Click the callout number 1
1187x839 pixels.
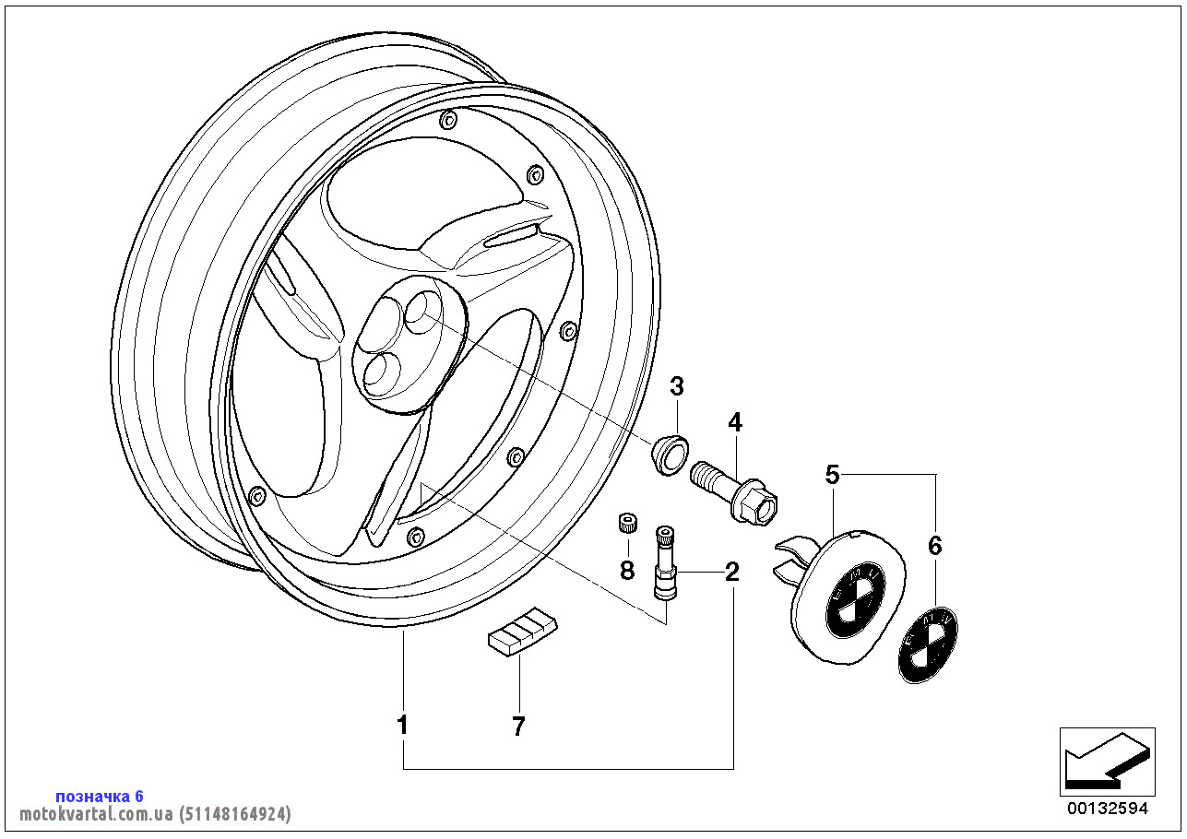(402, 726)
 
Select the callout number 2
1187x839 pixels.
(731, 572)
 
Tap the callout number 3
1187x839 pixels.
(677, 385)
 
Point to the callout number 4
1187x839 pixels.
(734, 422)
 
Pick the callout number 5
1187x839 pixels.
(832, 475)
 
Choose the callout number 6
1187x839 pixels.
(935, 546)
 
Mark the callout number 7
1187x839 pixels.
(518, 727)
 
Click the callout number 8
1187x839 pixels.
(627, 571)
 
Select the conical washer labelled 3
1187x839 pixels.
(671, 454)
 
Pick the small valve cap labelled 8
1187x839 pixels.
(626, 525)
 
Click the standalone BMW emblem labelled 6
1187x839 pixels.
(928, 644)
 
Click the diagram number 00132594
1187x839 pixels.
(1107, 809)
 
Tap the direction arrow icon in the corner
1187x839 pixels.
(1106, 762)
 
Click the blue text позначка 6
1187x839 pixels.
(100, 796)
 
